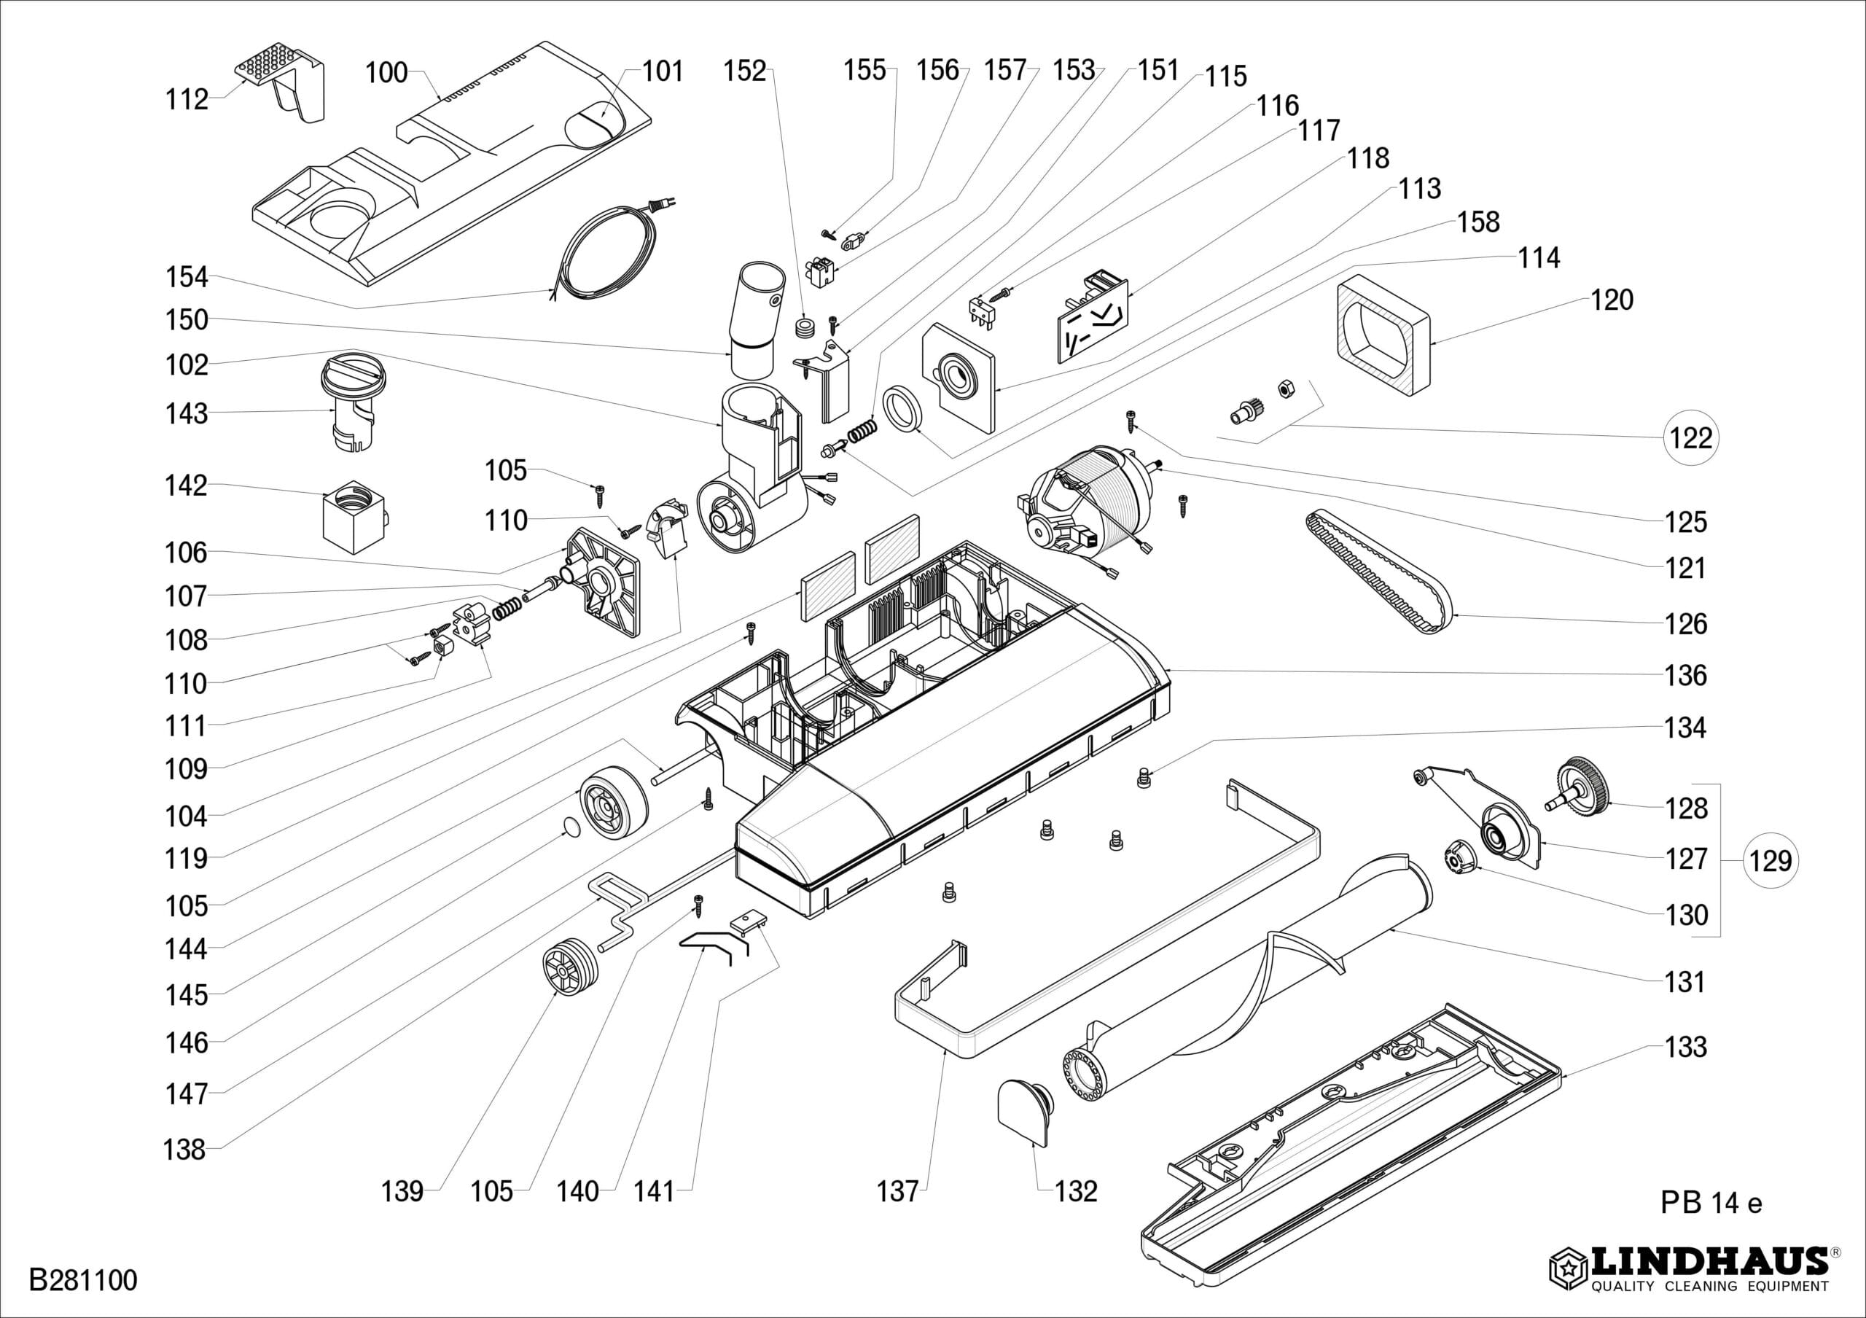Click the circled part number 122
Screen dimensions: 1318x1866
[1690, 438]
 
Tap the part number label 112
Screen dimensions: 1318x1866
[187, 100]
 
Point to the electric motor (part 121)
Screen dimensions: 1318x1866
[1085, 509]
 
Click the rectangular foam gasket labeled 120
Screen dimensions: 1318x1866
[1381, 334]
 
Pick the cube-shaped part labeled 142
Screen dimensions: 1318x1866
[353, 520]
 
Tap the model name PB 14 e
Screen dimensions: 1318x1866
[1711, 1202]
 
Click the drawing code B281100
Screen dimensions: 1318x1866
[83, 1281]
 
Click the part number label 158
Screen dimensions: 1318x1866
[1477, 222]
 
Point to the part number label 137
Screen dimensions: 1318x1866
[897, 1191]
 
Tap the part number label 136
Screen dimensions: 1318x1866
[1685, 675]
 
